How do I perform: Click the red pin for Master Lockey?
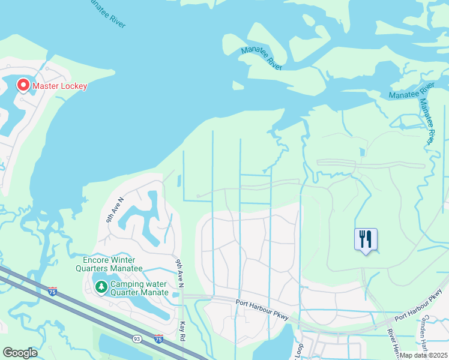point(23,85)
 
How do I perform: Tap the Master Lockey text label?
point(59,86)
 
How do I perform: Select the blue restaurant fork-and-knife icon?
point(366,239)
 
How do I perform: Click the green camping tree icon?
point(101,288)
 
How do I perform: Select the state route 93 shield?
point(137,340)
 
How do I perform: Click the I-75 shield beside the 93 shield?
point(158,339)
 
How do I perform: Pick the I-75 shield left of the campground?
point(52,291)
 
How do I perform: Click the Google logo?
point(20,353)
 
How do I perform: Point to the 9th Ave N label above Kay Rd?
point(179,272)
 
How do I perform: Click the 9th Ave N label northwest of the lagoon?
point(115,210)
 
